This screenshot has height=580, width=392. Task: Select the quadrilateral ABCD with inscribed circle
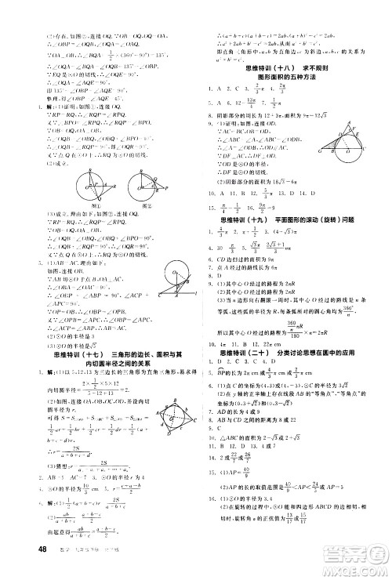click(169, 411)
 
